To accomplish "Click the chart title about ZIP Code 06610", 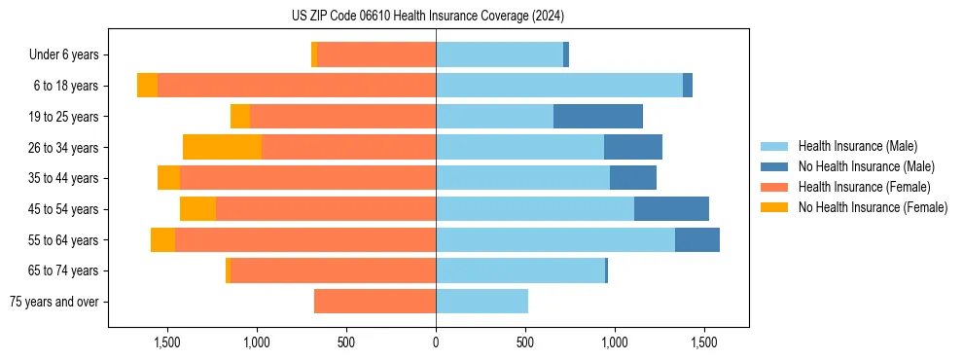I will (x=428, y=16).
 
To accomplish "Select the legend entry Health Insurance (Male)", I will (x=857, y=146).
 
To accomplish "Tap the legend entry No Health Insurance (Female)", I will (x=873, y=207).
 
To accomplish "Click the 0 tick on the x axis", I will (x=436, y=342).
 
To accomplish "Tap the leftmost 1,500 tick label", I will (x=167, y=342).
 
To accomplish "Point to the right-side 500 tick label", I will (x=525, y=342).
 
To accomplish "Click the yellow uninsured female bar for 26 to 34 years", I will (x=222, y=147).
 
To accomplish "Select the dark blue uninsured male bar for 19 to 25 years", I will (x=598, y=117).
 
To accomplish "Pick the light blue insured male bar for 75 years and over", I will (x=481, y=302).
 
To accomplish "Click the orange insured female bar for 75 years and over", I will (x=374, y=302).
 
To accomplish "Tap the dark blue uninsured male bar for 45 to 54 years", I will (x=671, y=209).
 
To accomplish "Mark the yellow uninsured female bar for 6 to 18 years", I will (x=147, y=86).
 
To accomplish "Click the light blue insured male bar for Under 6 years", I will (x=499, y=55).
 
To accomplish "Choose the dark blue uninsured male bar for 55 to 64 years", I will (x=697, y=240).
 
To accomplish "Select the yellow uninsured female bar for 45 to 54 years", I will (x=197, y=209).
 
